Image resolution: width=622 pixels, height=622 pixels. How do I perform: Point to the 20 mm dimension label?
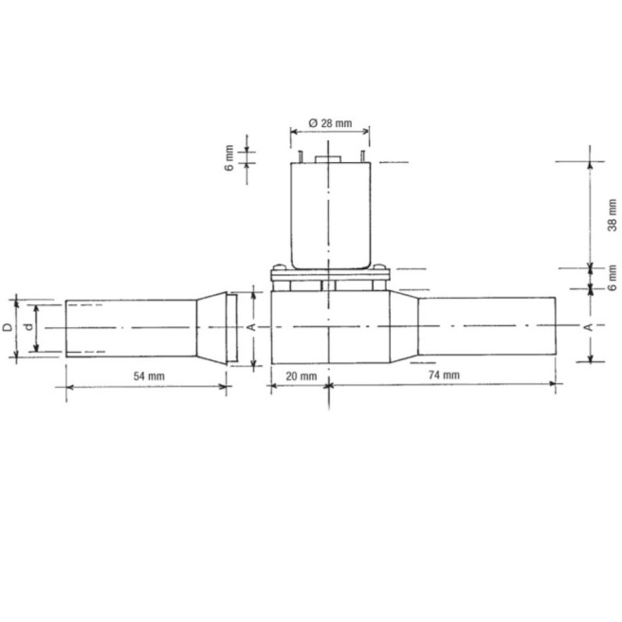(301, 376)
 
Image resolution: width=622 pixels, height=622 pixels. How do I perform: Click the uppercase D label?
(8, 327)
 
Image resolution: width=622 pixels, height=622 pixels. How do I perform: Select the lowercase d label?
(29, 327)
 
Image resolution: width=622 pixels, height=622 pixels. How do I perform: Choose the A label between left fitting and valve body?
(249, 326)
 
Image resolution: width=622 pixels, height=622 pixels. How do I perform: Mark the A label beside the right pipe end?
(588, 327)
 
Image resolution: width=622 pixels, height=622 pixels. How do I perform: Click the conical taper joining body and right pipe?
(405, 327)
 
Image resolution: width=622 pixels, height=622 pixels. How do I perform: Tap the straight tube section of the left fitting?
(128, 327)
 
